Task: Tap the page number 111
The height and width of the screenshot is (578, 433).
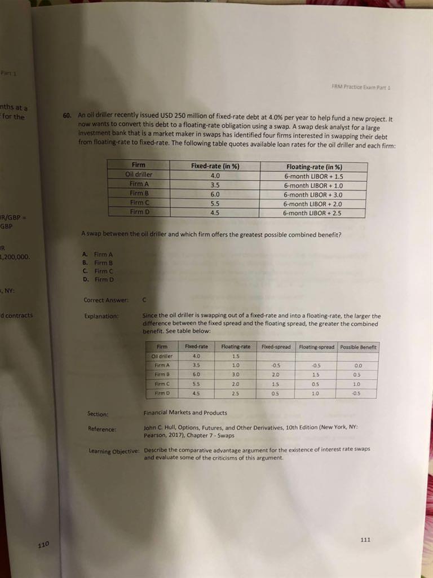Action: tap(365, 540)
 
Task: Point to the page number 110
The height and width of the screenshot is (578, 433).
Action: tap(43, 545)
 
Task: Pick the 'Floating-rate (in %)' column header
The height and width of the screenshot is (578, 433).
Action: tap(313, 167)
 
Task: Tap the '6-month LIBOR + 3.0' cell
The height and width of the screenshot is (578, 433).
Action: tap(313, 195)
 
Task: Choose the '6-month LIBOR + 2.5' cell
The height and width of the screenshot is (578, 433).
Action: tap(313, 213)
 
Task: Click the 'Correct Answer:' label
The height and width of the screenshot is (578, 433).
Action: tap(106, 300)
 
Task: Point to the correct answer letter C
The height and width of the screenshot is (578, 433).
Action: tap(146, 300)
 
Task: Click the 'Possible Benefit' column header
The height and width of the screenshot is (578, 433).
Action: tap(359, 347)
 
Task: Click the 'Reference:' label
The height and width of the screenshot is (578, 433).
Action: tap(102, 430)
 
